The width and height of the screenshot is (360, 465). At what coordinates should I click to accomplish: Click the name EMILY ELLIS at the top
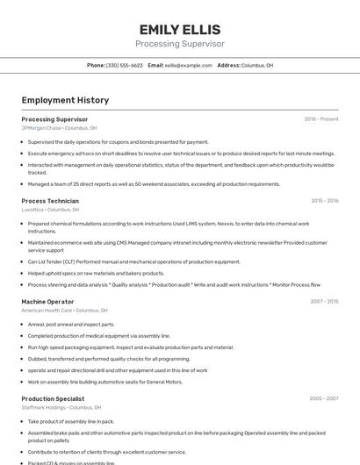[179, 29]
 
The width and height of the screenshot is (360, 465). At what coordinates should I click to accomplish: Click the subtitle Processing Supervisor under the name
[179, 44]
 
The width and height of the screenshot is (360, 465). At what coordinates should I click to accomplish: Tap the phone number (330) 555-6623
[125, 65]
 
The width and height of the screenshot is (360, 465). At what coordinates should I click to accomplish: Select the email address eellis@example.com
[189, 65]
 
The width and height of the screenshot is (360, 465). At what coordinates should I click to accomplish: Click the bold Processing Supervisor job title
[54, 118]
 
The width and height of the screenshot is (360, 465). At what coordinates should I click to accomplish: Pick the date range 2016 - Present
[321, 118]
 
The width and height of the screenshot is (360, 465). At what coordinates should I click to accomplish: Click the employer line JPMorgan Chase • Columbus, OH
[59, 128]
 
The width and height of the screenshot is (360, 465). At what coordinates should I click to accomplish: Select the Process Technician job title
[50, 201]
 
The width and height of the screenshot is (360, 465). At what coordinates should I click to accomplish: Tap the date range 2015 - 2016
[324, 201]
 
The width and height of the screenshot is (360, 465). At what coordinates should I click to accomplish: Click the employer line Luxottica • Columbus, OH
[50, 210]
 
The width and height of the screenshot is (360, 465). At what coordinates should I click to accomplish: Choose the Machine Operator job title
[47, 301]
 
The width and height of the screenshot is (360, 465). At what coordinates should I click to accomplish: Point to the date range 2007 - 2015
[324, 301]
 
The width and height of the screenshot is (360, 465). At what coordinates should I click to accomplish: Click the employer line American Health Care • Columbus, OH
[64, 310]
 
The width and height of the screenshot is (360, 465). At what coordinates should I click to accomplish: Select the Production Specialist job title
[53, 398]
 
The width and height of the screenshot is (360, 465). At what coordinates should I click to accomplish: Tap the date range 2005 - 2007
[324, 398]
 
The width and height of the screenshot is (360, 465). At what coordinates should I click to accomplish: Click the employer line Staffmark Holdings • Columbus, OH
[61, 407]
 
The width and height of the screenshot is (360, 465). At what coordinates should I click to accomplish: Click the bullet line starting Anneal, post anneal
[66, 325]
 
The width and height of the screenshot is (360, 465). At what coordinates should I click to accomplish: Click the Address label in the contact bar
[228, 65]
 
